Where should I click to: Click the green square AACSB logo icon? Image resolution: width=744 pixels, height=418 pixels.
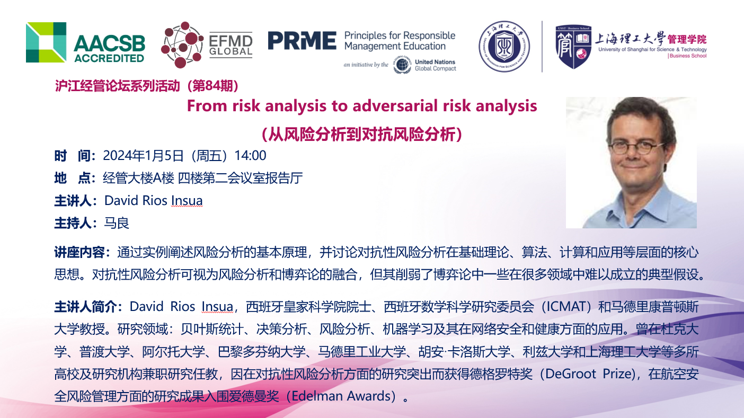click(x=46, y=42)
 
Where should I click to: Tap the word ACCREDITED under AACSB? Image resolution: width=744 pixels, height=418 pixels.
click(x=109, y=58)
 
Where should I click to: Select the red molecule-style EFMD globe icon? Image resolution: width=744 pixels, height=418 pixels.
click(x=182, y=45)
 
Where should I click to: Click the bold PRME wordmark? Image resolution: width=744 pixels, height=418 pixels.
click(x=302, y=40)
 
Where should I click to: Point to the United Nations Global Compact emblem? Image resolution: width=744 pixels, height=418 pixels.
click(x=402, y=65)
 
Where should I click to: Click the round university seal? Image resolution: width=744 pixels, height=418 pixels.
click(x=504, y=47)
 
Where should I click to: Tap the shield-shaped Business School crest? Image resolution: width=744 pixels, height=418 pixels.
click(x=573, y=47)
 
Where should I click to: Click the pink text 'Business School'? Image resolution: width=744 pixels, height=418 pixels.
click(x=687, y=56)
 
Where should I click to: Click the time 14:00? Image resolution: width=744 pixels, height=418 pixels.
click(x=250, y=155)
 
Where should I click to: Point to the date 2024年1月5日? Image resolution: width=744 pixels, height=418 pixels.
click(x=143, y=155)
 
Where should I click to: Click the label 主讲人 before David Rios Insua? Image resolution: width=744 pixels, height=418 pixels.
click(x=73, y=201)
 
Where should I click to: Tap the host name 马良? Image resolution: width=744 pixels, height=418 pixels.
click(x=116, y=223)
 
